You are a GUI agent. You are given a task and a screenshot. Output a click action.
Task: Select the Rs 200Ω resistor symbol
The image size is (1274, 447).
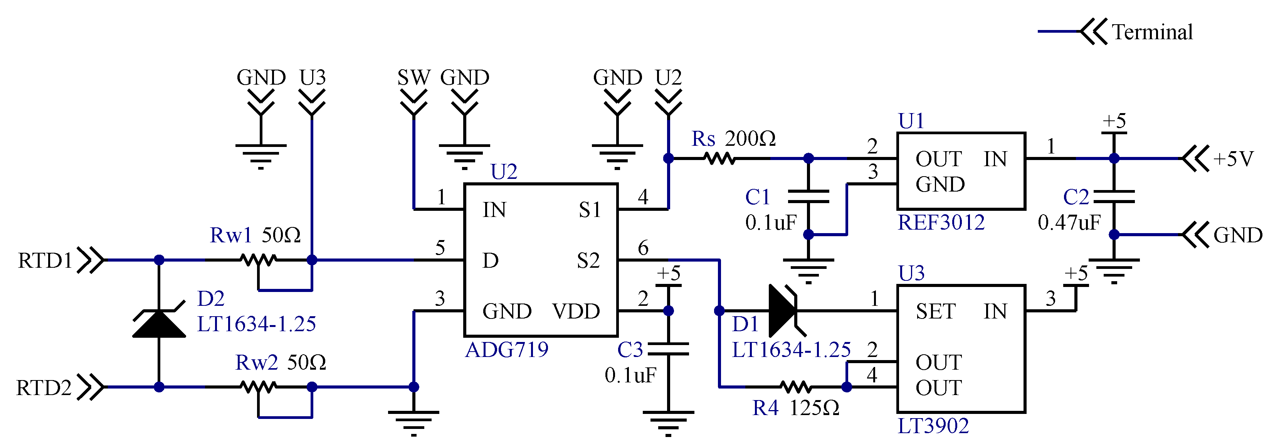(x=719, y=158)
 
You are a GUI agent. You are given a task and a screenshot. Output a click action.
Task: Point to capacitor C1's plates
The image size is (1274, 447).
(x=808, y=196)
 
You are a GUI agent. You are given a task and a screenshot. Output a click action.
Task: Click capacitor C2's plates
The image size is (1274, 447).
(x=1114, y=196)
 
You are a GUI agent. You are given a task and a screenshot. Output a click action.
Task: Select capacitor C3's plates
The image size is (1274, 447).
(x=668, y=349)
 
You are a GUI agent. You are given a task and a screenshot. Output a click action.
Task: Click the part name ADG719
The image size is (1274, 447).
(x=506, y=350)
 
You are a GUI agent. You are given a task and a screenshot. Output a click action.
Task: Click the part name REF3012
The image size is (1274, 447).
(x=941, y=222)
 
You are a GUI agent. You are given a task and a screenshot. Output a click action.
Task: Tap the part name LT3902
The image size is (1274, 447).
(x=933, y=426)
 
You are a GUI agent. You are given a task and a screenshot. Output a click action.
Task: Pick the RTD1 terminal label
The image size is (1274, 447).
(x=45, y=260)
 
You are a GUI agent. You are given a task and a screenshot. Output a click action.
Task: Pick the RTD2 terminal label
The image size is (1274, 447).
(x=44, y=388)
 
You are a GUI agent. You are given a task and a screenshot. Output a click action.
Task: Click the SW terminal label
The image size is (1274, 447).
(x=413, y=78)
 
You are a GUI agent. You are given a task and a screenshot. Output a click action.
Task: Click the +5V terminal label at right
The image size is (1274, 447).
(x=1234, y=159)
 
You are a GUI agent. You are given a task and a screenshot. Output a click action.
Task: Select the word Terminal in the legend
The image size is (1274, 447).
(x=1152, y=32)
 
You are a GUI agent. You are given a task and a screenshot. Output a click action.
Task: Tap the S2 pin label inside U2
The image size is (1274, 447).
(x=588, y=260)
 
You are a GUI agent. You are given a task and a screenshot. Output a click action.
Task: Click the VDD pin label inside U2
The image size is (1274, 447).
(x=576, y=311)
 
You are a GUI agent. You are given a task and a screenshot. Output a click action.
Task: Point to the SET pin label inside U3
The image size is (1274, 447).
(x=935, y=311)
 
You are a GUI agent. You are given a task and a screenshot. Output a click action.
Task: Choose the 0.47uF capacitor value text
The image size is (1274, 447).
(x=1069, y=223)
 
